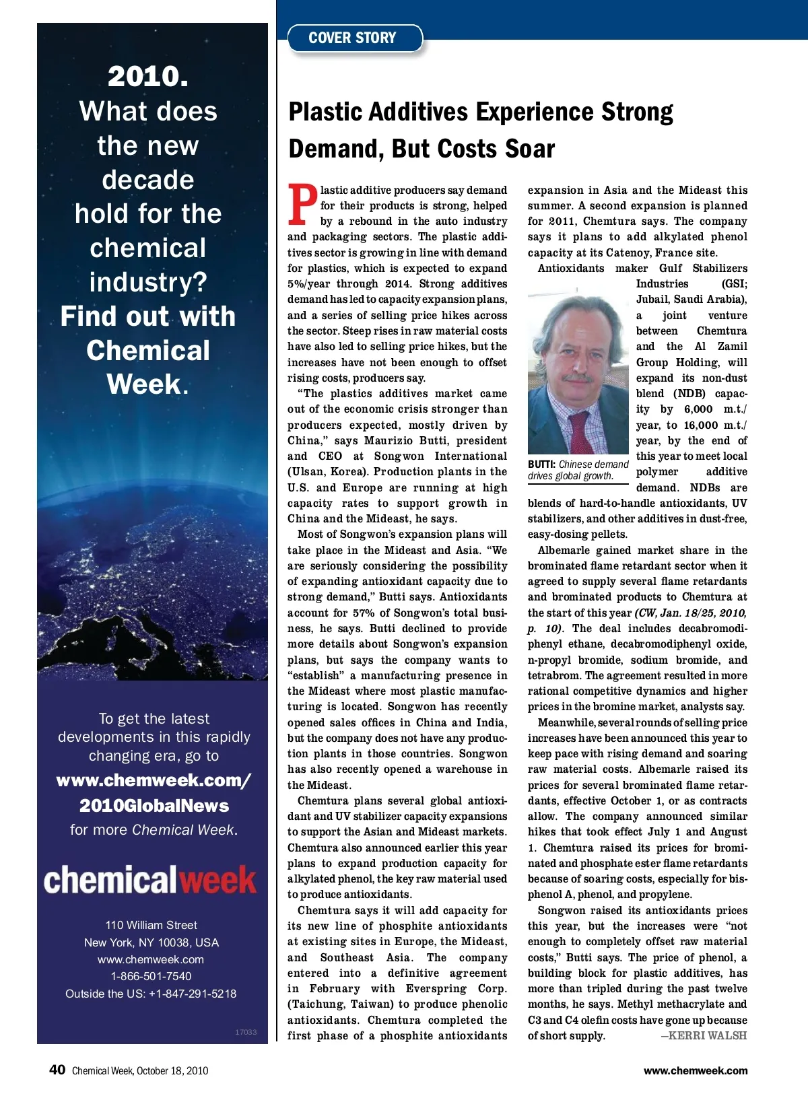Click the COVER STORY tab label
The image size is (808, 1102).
[352, 38]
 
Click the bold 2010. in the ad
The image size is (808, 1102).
[148, 77]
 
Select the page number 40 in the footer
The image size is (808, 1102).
[57, 1070]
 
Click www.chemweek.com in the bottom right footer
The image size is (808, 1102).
[695, 1070]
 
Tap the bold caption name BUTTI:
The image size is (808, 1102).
[541, 464]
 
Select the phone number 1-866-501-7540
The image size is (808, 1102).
[151, 976]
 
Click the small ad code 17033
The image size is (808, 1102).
[246, 1032]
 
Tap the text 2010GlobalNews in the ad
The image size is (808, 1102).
[154, 806]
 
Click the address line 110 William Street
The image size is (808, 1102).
[151, 925]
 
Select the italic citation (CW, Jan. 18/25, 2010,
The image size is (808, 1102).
[690, 613]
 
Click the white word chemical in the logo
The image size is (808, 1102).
[110, 880]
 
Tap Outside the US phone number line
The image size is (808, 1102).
[151, 994]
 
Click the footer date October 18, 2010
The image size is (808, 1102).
[172, 1070]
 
